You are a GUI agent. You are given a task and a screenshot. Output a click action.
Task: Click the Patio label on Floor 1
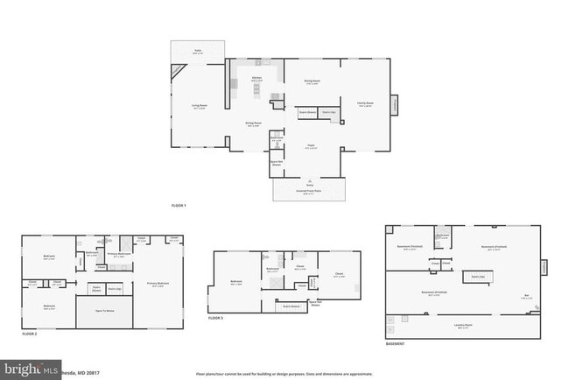(x=197, y=52)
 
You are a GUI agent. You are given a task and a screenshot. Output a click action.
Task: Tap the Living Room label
(x=200, y=106)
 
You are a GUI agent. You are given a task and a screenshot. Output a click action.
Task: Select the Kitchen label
(x=257, y=78)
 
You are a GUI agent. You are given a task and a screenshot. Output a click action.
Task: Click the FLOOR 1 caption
(x=179, y=206)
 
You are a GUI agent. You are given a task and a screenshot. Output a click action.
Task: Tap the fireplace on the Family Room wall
(x=394, y=104)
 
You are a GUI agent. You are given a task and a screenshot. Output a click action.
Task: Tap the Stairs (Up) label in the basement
(x=477, y=276)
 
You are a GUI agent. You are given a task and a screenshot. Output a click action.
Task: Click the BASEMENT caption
(x=395, y=344)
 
